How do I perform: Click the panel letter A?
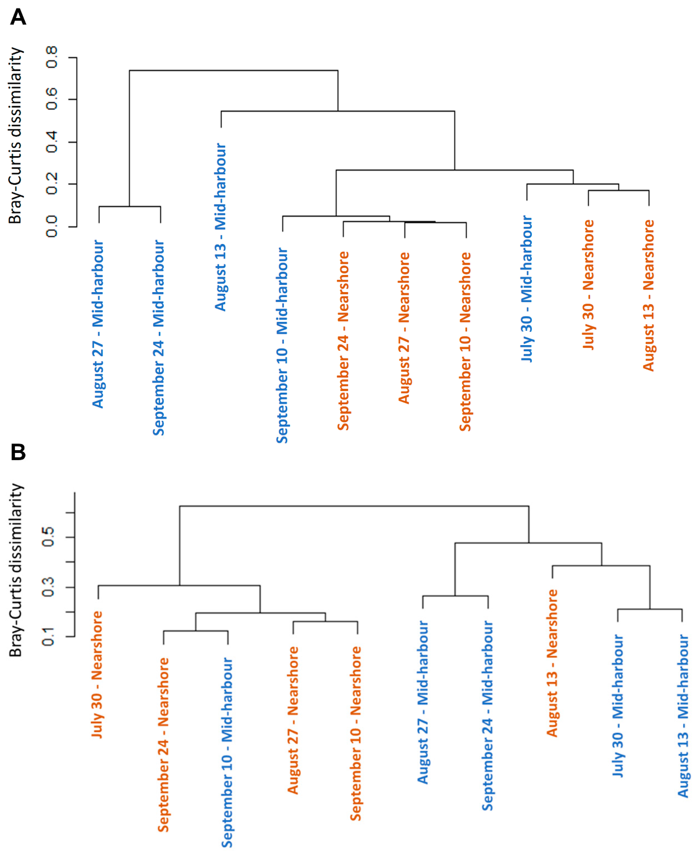point(18,17)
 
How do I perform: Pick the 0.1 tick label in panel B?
point(48,636)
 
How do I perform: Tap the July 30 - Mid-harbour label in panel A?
point(527,289)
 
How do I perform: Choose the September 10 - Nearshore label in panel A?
point(465,342)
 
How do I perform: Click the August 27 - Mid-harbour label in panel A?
point(98,324)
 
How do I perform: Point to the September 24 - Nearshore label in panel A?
point(343,341)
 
